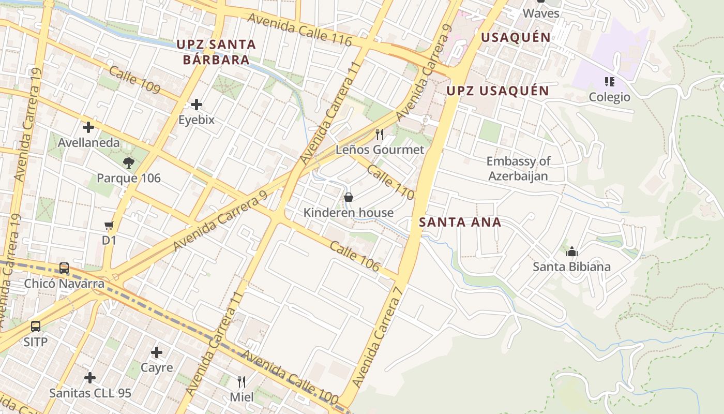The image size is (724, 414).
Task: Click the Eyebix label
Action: (x=197, y=120)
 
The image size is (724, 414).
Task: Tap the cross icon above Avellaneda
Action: (x=88, y=127)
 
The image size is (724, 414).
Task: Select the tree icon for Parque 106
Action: (x=129, y=163)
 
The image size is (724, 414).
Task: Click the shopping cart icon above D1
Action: (x=109, y=225)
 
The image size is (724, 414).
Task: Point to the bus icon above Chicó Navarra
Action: (x=64, y=268)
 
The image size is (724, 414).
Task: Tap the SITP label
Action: (x=35, y=342)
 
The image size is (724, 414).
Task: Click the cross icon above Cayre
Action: (x=157, y=353)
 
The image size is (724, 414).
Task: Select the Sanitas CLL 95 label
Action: (x=90, y=393)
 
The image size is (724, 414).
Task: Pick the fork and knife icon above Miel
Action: (x=242, y=382)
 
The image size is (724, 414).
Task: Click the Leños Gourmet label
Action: (x=380, y=150)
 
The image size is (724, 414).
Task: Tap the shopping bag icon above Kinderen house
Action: (x=349, y=197)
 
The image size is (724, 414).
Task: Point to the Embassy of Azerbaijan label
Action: (x=518, y=169)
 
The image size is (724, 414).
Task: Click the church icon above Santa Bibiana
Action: (x=572, y=252)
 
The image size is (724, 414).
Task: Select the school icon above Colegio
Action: (x=610, y=81)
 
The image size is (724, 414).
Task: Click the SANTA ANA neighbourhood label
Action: (x=460, y=223)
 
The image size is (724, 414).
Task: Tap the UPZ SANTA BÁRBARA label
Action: (x=216, y=52)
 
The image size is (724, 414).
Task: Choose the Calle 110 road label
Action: (x=390, y=182)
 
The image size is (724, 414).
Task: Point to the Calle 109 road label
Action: (x=134, y=80)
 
